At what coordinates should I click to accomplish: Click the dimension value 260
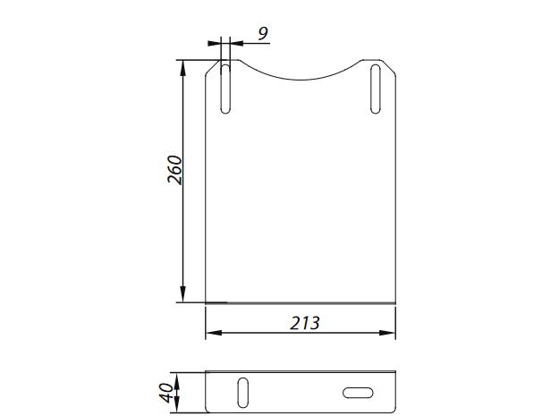[176, 170]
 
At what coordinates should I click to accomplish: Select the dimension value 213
[304, 323]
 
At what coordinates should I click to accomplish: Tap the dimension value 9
[262, 34]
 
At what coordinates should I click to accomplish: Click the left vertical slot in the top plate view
[225, 88]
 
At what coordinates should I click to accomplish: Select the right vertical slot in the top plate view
[375, 88]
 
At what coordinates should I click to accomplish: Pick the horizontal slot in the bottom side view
[358, 391]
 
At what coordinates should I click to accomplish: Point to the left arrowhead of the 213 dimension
[212, 335]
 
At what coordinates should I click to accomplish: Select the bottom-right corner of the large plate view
[394, 302]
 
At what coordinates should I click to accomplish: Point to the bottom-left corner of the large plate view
[207, 302]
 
